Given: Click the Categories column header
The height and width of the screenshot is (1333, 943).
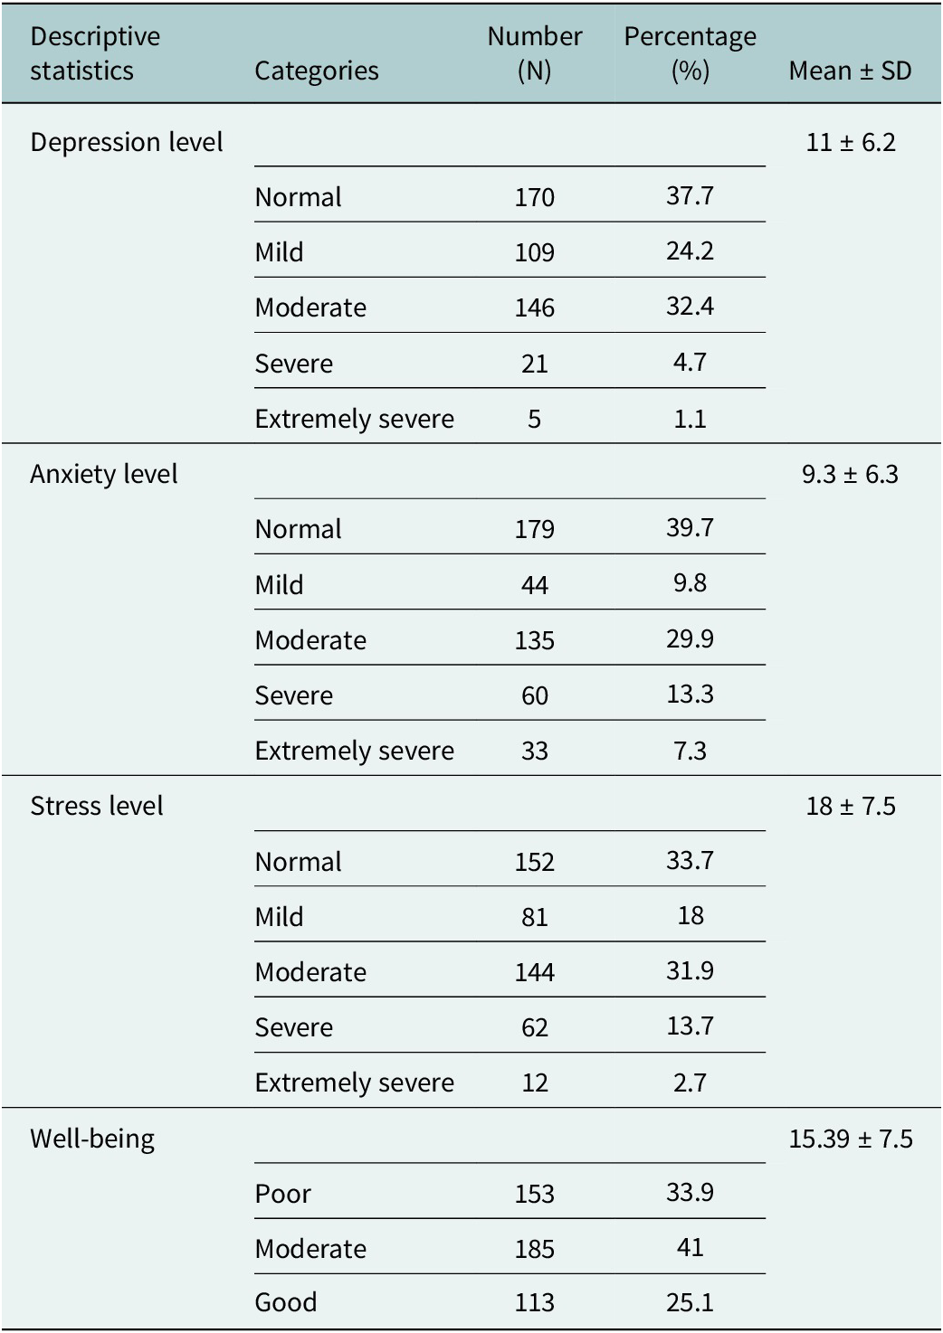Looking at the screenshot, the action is coord(316,71).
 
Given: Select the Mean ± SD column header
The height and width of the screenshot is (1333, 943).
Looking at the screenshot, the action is coord(850,71).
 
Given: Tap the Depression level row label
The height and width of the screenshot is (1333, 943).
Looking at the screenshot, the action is coord(126,142).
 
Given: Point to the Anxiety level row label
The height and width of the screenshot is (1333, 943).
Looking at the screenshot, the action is coord(103,474).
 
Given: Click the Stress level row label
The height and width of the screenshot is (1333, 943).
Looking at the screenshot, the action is coord(97,807).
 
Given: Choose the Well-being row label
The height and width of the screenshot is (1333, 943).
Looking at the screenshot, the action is coord(92,1139).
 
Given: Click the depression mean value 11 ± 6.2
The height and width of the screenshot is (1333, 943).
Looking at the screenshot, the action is coord(850,143).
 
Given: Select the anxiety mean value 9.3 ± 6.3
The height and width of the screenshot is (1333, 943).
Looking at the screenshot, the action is coord(850,474).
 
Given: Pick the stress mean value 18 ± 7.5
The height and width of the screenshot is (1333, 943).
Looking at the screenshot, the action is coord(850,807).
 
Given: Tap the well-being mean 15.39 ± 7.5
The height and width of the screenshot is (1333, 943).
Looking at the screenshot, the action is coord(850,1139).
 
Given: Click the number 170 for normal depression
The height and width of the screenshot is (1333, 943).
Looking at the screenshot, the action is coord(534,197).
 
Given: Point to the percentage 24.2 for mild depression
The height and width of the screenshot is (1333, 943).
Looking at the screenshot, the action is coord(690,251).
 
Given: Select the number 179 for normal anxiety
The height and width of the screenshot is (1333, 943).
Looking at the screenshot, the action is coord(534,530).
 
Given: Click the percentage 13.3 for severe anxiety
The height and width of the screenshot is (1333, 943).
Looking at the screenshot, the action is coord(690,695).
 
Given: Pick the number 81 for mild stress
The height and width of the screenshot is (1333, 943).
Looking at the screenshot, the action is coord(534,917).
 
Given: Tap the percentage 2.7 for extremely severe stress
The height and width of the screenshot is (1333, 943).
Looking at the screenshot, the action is coord(690,1082).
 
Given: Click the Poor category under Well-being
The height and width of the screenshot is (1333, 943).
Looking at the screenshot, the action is coord(282,1195).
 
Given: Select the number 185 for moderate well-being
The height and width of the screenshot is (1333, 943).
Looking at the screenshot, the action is coord(534,1249).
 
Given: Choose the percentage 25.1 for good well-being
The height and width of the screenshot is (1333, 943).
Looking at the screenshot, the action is coord(690,1302).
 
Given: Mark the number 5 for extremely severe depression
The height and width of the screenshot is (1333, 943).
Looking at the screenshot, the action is coord(534,419).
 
